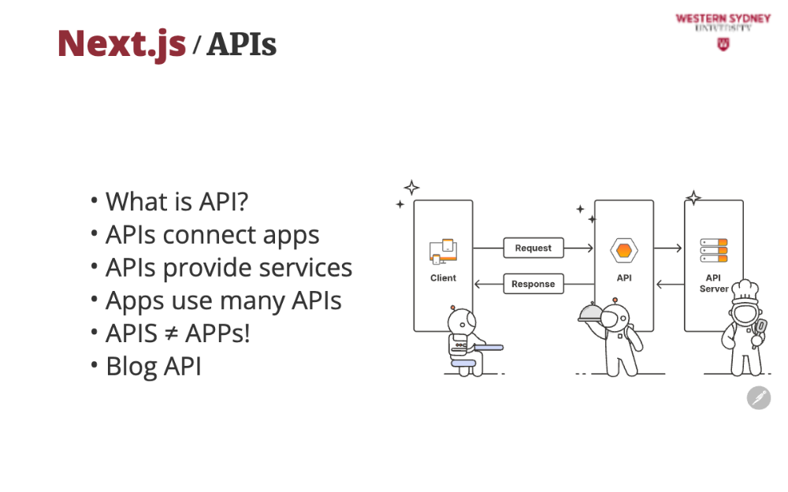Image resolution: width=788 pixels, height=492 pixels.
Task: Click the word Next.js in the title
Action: tap(121, 45)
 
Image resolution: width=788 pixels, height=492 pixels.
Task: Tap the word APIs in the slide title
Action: tap(242, 44)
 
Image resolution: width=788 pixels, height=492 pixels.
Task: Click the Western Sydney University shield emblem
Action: tap(723, 44)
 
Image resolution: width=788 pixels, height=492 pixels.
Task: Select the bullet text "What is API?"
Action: tap(177, 202)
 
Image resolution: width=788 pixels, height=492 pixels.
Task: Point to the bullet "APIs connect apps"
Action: tap(213, 235)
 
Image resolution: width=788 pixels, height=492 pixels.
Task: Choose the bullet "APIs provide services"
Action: tap(229, 267)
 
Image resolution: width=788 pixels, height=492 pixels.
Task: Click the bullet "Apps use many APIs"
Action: tap(224, 301)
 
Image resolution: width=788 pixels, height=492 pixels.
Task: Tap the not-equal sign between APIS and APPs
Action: tap(171, 334)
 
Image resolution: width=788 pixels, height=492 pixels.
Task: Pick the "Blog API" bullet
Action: tap(154, 366)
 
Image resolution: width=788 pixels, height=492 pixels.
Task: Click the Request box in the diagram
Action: tap(533, 248)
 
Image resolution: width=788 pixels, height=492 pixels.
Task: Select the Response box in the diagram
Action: tap(533, 284)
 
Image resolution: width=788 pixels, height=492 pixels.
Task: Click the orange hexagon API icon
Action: tap(624, 250)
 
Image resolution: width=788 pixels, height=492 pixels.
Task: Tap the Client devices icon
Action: tap(443, 251)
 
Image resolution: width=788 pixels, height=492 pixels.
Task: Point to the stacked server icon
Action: tap(714, 251)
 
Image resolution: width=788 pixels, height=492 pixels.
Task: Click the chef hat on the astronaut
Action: tap(745, 291)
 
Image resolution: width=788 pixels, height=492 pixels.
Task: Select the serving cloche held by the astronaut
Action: tap(590, 313)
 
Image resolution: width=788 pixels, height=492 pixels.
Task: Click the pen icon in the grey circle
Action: tap(759, 398)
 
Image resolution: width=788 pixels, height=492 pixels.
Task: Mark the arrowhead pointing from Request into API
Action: tap(590, 248)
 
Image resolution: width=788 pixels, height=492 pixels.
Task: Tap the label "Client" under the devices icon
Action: tap(443, 278)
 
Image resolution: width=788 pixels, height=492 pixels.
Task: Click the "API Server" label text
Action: tap(714, 283)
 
